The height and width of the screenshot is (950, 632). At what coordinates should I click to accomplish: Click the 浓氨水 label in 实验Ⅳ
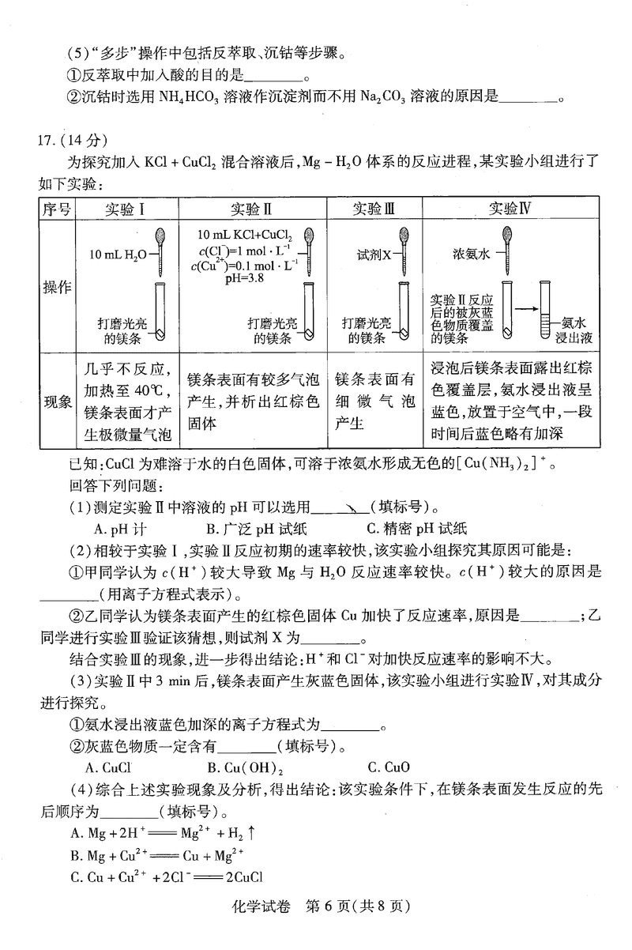pos(471,254)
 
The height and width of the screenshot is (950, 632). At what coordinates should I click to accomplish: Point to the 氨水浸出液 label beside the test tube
pos(573,330)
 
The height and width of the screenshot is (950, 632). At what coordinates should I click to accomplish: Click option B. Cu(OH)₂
pos(240,766)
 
